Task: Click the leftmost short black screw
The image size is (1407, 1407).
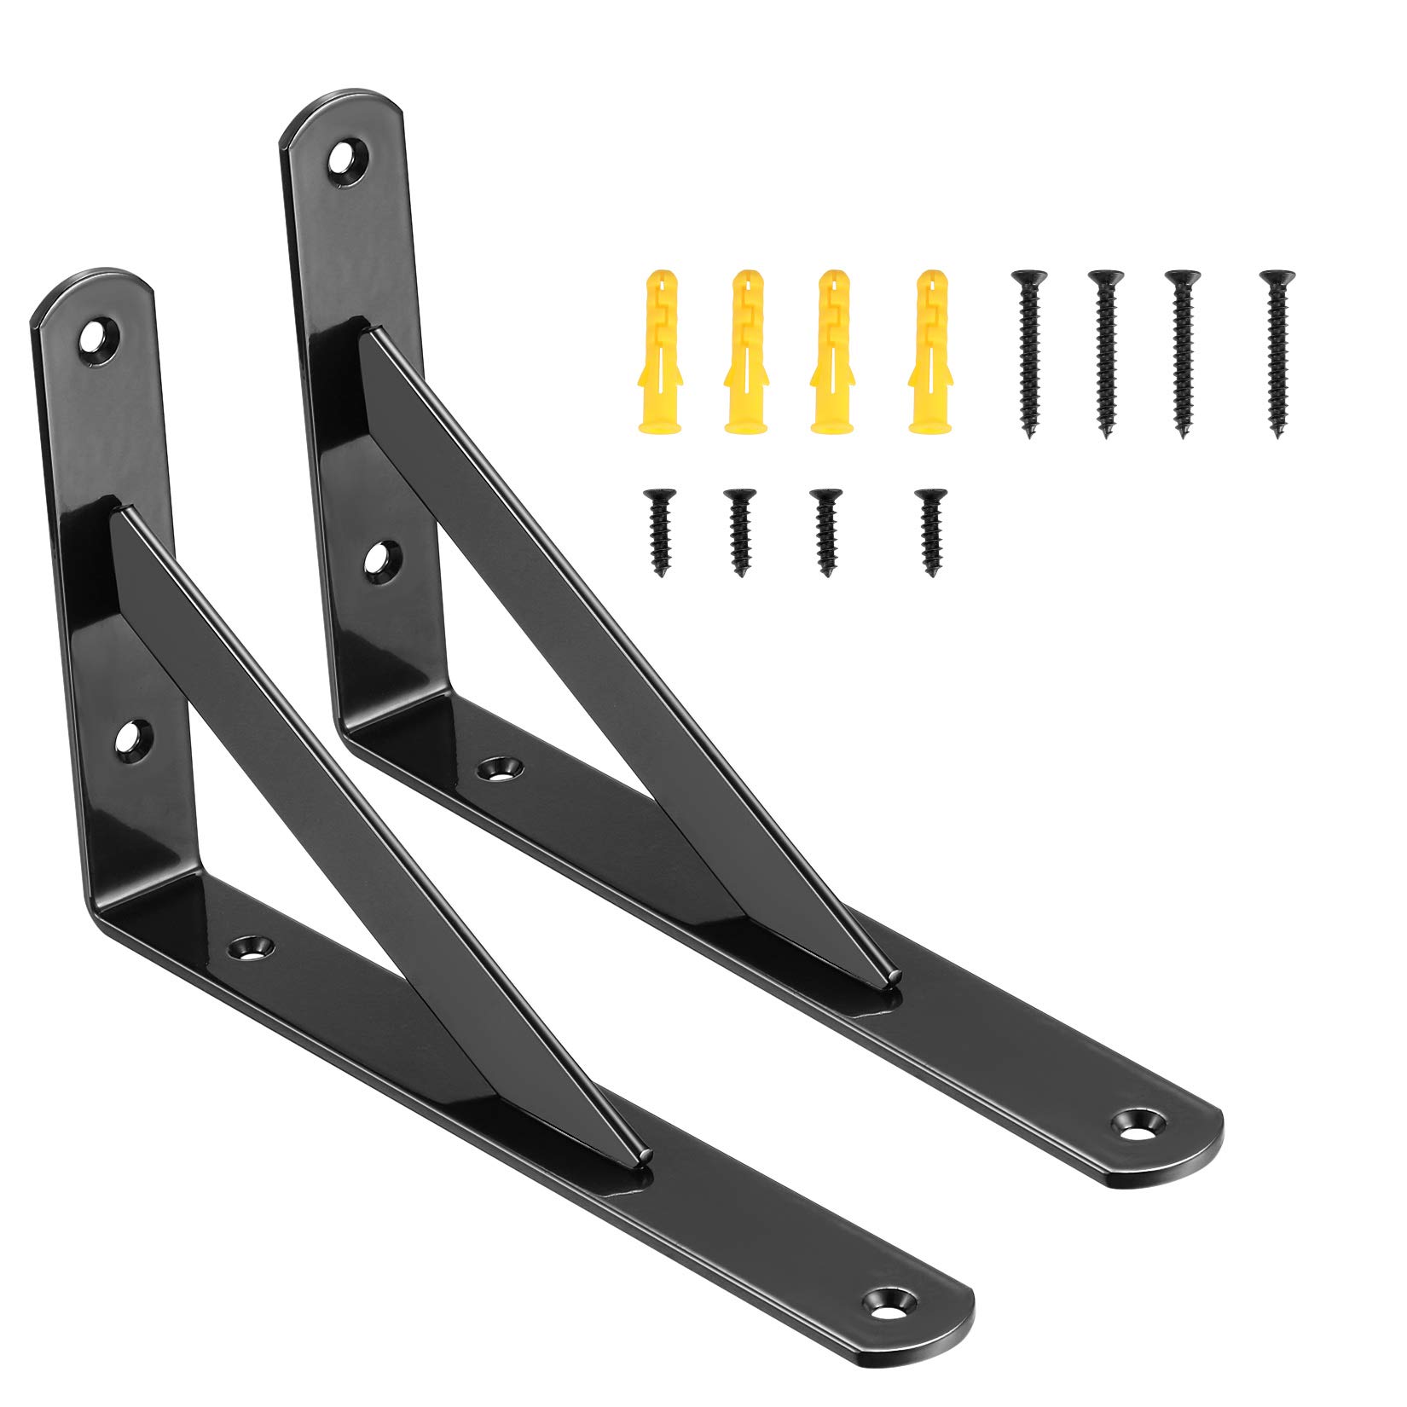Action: pos(658,531)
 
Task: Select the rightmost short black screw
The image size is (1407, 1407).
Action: pos(930,531)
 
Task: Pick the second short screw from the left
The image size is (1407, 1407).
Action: pos(738,531)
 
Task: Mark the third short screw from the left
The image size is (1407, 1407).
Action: pos(825,531)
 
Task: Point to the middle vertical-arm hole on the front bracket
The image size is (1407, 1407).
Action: pos(130,736)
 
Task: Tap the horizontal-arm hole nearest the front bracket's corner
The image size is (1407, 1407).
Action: pos(252,945)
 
